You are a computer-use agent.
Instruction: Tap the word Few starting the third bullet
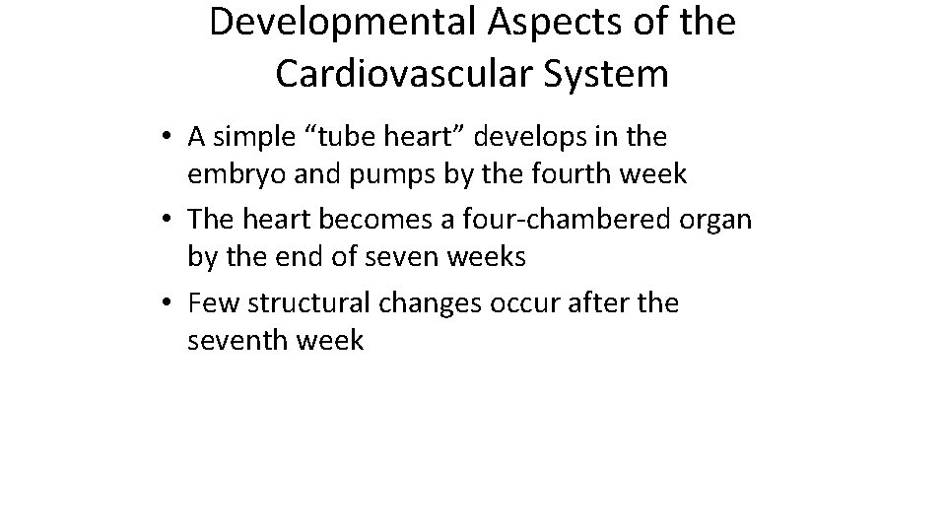211,302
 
